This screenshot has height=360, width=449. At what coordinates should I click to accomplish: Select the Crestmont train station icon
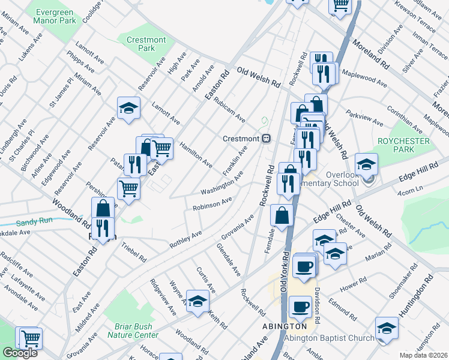pyautogui.click(x=265, y=138)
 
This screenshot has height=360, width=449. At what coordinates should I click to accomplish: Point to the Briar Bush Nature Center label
pyautogui.click(x=137, y=331)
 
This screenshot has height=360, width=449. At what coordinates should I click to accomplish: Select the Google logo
pyautogui.click(x=20, y=353)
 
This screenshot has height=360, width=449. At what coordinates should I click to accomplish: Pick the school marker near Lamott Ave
pyautogui.click(x=128, y=108)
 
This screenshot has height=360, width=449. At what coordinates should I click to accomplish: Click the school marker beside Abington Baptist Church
pyautogui.click(x=387, y=328)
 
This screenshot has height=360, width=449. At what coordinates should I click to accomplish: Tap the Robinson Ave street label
pyautogui.click(x=212, y=203)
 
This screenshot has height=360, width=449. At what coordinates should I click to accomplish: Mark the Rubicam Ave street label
pyautogui.click(x=231, y=109)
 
